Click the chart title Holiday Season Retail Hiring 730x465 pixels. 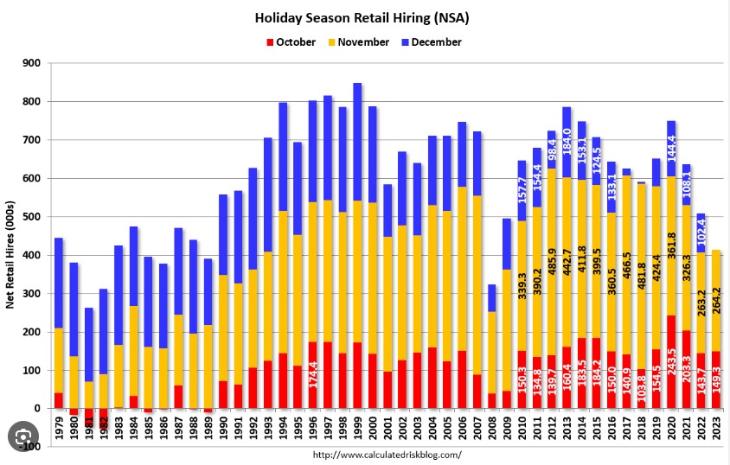click(x=362, y=17)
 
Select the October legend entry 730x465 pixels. click(x=295, y=41)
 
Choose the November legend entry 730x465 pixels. click(x=362, y=41)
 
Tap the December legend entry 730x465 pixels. click(x=435, y=41)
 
